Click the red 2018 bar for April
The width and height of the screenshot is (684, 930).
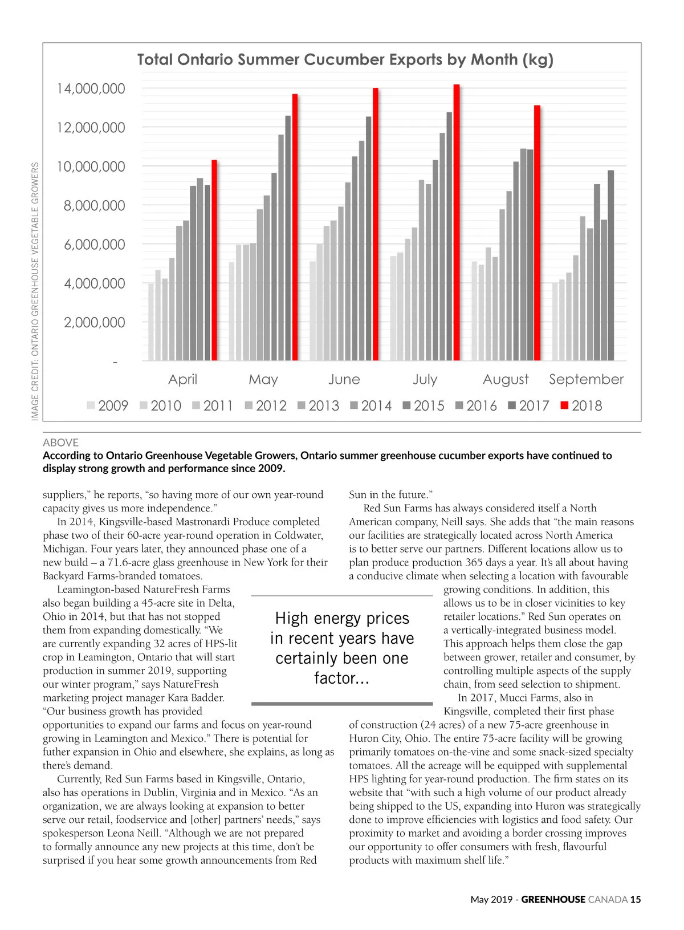pyautogui.click(x=214, y=261)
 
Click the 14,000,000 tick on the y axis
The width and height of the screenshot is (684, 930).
pyautogui.click(x=91, y=88)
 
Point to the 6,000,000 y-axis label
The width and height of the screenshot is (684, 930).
pyautogui.click(x=94, y=245)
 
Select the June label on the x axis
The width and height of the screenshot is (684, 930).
pyautogui.click(x=344, y=379)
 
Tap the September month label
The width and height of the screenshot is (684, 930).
pyautogui.click(x=586, y=379)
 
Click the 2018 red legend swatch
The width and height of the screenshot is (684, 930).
pyautogui.click(x=564, y=405)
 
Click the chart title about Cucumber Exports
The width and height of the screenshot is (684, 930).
pyautogui.click(x=345, y=60)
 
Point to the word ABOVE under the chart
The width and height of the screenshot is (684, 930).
pyautogui.click(x=60, y=442)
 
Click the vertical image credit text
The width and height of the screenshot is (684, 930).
pyautogui.click(x=35, y=291)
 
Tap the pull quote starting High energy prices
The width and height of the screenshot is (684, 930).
pyautogui.click(x=342, y=648)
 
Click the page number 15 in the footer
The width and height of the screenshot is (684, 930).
pyautogui.click(x=636, y=899)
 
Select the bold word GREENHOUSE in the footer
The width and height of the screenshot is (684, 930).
pyautogui.click(x=553, y=899)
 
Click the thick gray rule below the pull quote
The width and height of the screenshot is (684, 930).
pyautogui.click(x=342, y=704)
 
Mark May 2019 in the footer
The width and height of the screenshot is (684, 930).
pyautogui.click(x=491, y=899)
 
